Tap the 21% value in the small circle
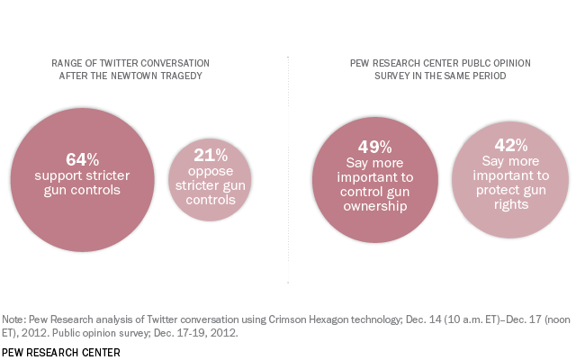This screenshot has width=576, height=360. coord(209,155)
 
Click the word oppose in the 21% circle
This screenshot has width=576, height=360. coord(209,173)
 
